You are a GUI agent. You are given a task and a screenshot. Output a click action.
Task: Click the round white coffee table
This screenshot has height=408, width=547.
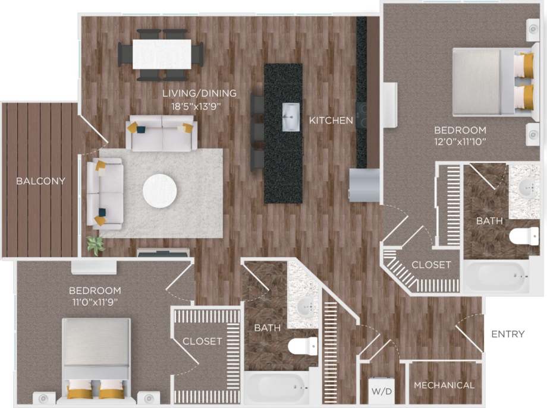[159, 190]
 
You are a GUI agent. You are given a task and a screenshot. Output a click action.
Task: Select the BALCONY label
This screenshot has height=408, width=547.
[41, 181]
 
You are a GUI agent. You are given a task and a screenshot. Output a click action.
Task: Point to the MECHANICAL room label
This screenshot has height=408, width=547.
[444, 385]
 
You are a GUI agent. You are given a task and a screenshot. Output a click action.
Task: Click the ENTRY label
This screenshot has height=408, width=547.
[508, 334]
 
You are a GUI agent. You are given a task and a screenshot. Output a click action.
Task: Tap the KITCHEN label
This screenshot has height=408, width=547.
[331, 121]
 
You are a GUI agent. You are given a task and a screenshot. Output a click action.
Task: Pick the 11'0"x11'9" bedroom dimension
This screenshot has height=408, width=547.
[95, 302]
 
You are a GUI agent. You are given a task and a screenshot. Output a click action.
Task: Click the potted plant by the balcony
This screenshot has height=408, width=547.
[95, 244]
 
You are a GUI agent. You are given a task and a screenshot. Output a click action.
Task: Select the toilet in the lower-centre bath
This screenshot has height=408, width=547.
[303, 346]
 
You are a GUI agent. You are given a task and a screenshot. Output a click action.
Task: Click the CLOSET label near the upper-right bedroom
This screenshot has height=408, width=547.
[431, 265]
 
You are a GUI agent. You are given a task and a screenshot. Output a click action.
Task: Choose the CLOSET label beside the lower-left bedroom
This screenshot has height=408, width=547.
[202, 341]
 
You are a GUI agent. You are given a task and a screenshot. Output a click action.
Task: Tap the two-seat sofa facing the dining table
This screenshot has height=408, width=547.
[162, 134]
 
